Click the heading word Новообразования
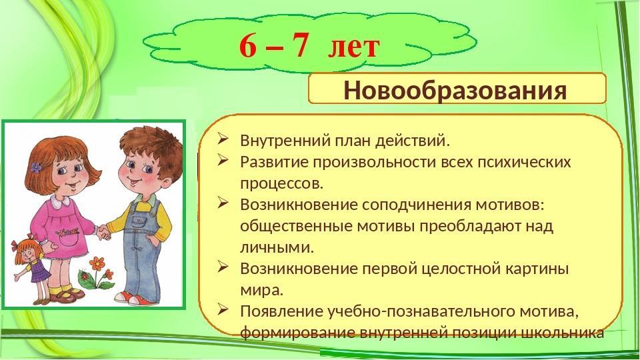[455, 90]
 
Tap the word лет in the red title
[354, 47]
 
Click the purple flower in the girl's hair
[36, 167]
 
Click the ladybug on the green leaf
[86, 277]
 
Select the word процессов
[281, 184]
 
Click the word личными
[277, 247]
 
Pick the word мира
[261, 291]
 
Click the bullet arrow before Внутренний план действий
[223, 139]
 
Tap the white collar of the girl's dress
[61, 201]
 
